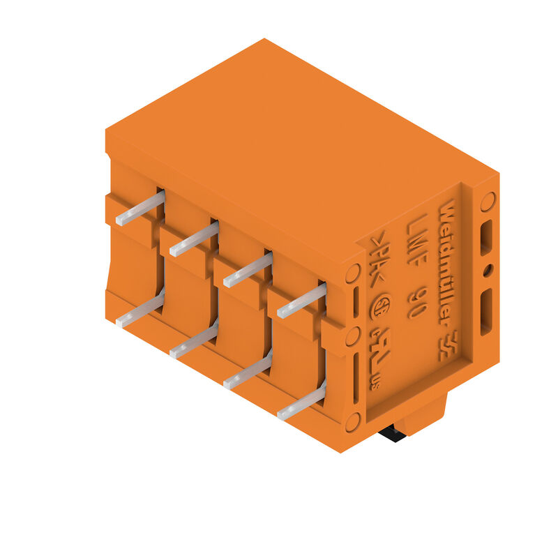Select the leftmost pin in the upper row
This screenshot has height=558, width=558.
click(140, 208)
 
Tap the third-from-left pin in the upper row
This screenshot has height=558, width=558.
click(248, 270)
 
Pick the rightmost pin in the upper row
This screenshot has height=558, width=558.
click(301, 301)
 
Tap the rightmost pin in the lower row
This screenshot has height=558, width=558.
click(301, 403)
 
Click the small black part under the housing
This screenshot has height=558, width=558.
click(392, 435)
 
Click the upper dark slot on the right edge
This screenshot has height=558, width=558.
click(486, 237)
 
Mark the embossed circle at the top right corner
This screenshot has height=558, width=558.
click(488, 202)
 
